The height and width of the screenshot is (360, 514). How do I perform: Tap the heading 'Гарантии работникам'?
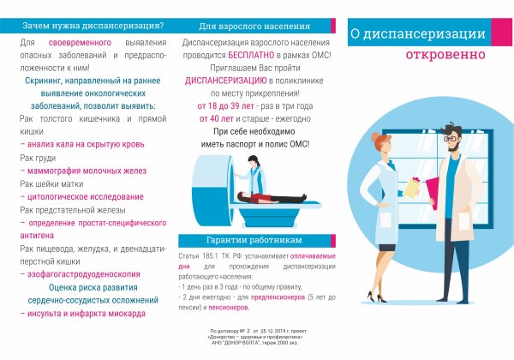(x=248, y=239)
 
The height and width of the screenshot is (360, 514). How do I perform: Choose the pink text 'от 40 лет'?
(x=217, y=118)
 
